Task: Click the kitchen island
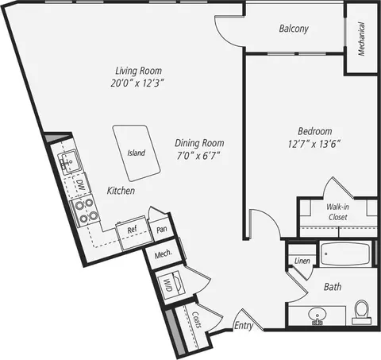(137, 153)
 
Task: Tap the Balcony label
(294, 29)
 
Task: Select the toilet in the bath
(361, 312)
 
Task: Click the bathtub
(345, 254)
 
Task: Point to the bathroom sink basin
(317, 315)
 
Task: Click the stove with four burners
(85, 211)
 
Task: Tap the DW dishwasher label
(80, 185)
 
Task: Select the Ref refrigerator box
(134, 233)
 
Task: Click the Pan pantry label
(162, 229)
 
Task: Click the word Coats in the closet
(197, 319)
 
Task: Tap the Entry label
(244, 326)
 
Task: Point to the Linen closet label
(302, 261)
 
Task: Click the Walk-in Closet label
(337, 212)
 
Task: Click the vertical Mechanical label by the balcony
(361, 39)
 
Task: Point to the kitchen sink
(68, 162)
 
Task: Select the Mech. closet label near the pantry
(164, 254)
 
